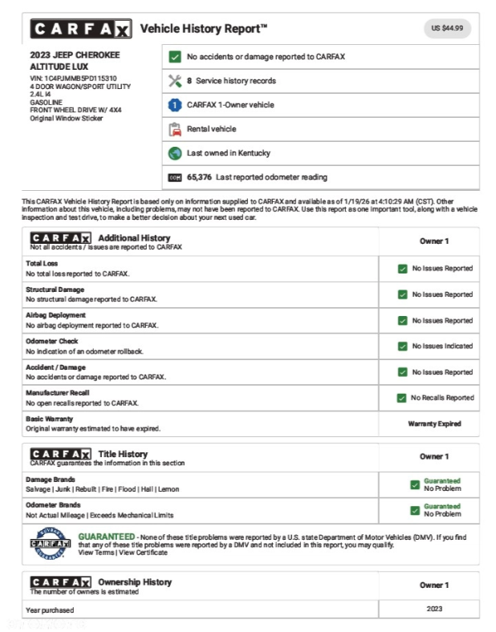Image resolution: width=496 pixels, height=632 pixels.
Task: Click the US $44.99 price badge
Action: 447,28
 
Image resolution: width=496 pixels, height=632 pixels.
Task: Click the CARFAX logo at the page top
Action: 80,30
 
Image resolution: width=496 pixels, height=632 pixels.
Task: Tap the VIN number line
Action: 73,79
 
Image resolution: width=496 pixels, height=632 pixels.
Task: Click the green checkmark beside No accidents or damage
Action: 175,57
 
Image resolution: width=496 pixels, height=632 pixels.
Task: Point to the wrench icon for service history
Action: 175,81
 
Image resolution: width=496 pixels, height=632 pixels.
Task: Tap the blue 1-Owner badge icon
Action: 175,105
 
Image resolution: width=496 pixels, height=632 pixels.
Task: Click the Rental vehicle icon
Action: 175,129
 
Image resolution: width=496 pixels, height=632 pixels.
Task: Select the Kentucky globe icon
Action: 175,153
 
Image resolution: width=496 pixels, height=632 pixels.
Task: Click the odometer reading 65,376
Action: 199,177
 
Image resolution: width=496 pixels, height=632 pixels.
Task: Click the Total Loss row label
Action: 42,263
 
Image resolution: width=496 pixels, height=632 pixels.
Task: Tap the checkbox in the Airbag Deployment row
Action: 402,321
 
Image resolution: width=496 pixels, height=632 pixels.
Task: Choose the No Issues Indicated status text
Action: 442,346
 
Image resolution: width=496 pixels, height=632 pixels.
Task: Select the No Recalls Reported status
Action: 442,398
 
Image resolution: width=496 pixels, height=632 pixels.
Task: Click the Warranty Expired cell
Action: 434,423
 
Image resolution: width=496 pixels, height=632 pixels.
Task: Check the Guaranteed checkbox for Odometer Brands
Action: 414,510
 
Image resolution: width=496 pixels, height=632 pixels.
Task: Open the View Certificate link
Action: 144,553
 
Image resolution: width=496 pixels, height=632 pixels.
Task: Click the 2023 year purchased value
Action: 434,610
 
